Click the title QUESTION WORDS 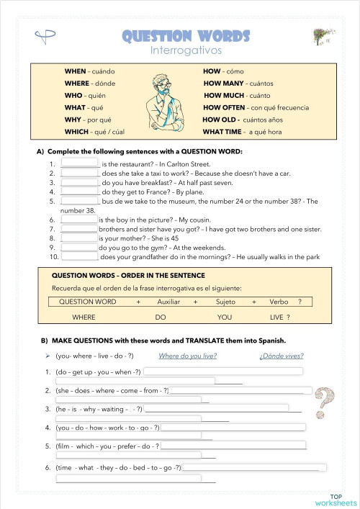pyautogui.click(x=186, y=36)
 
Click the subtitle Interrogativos pyautogui.click(x=186, y=51)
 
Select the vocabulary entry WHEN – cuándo pyautogui.click(x=90, y=71)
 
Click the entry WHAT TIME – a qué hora pyautogui.click(x=242, y=132)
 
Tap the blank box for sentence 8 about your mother pyautogui.click(x=79, y=237)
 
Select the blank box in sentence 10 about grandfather pyautogui.click(x=80, y=256)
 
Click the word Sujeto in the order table pyautogui.click(x=226, y=302)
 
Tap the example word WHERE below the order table pyautogui.click(x=84, y=317)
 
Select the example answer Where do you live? pyautogui.click(x=187, y=356)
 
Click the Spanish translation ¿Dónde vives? pyautogui.click(x=282, y=356)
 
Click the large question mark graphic pyautogui.click(x=325, y=403)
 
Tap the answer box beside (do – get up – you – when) pyautogui.click(x=223, y=371)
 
